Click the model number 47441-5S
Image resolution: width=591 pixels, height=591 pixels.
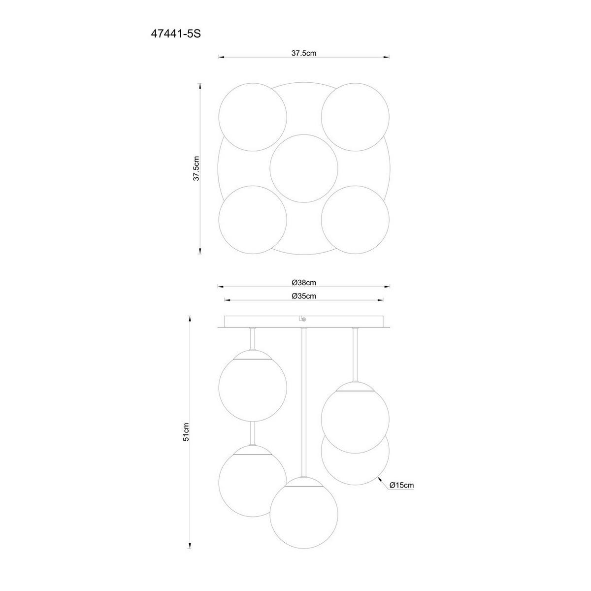click(x=176, y=34)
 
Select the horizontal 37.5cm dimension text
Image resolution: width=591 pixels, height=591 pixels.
click(x=304, y=53)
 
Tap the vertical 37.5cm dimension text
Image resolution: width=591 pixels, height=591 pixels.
click(x=197, y=168)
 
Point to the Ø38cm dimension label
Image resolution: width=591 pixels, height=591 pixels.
click(x=304, y=283)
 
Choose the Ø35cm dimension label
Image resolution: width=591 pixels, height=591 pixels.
click(x=304, y=296)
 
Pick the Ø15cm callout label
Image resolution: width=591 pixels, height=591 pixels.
click(x=401, y=493)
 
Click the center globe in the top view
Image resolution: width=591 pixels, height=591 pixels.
click(x=304, y=168)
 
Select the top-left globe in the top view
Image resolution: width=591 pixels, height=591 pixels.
click(x=253, y=117)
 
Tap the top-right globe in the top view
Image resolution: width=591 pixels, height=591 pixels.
click(x=355, y=117)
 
